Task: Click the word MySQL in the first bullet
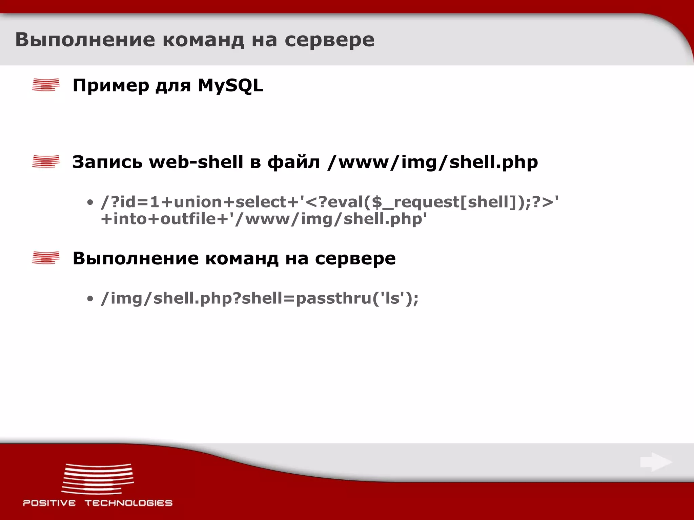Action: click(x=230, y=85)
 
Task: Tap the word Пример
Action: click(x=111, y=86)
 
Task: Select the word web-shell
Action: click(x=196, y=162)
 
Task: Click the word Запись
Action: click(x=107, y=162)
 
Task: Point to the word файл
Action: click(x=293, y=162)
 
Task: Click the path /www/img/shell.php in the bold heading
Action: click(x=432, y=162)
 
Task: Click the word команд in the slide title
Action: click(x=203, y=40)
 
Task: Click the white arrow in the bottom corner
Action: click(x=656, y=462)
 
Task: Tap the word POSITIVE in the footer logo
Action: click(x=49, y=503)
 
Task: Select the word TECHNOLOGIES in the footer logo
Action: click(x=128, y=503)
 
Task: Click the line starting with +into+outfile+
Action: click(x=264, y=219)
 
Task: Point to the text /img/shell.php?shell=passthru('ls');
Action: click(x=260, y=298)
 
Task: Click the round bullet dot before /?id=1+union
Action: click(x=90, y=202)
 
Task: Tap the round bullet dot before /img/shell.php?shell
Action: click(x=90, y=299)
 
